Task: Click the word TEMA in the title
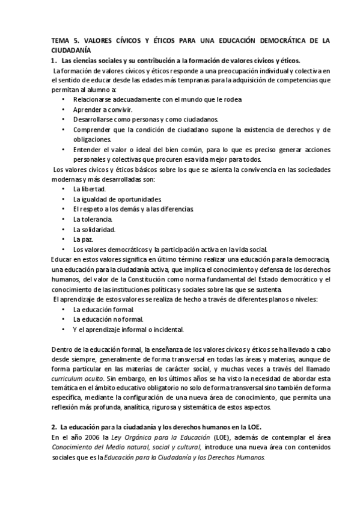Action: [x=61, y=40]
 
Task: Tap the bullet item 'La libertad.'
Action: [x=90, y=189]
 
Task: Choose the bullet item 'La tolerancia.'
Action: [x=93, y=219]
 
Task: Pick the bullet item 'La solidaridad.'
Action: [x=94, y=229]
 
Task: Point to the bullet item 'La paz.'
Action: [x=84, y=239]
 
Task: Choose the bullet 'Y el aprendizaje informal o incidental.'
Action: [x=128, y=330]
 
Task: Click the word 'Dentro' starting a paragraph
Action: [x=61, y=350]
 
